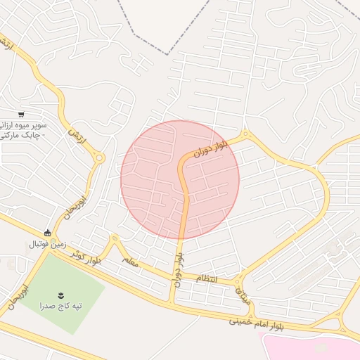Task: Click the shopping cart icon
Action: (x=22, y=114)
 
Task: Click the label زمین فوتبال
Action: (x=47, y=245)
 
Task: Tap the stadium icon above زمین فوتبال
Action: (x=47, y=233)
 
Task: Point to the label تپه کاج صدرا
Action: (x=60, y=306)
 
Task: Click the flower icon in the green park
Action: (x=60, y=294)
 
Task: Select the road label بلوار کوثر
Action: (x=86, y=258)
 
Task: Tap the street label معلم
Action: (x=130, y=261)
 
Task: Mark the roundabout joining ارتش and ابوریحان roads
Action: (x=99, y=159)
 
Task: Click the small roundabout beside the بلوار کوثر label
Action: (x=112, y=239)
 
